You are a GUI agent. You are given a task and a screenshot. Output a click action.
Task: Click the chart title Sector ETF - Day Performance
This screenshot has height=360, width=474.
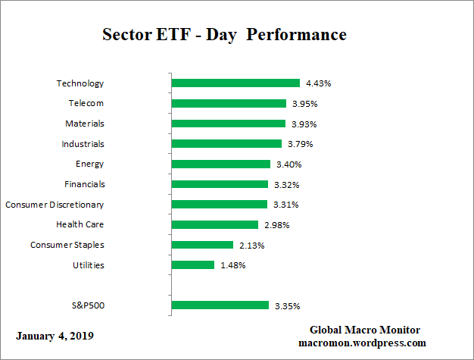(x=224, y=35)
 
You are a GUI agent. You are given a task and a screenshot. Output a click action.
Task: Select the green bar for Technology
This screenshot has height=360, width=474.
(x=235, y=83)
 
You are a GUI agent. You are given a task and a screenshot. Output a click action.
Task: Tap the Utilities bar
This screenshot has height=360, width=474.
(x=193, y=265)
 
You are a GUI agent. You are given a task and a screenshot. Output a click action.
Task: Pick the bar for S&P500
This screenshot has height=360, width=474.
(x=220, y=305)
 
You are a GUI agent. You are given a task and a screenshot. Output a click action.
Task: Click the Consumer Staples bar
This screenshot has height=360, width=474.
(x=202, y=245)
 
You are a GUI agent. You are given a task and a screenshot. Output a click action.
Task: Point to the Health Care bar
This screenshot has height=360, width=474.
(x=215, y=224)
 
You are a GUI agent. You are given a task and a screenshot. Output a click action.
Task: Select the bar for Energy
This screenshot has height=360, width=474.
(x=221, y=164)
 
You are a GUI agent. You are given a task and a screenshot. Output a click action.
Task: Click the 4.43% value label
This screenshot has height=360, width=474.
(x=318, y=83)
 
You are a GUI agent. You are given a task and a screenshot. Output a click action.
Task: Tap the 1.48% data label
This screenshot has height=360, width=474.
(x=233, y=265)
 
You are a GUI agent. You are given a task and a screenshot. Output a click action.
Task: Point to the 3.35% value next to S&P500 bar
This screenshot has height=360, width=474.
(x=287, y=305)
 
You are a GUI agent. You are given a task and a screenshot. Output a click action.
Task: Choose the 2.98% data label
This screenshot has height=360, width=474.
(x=276, y=224)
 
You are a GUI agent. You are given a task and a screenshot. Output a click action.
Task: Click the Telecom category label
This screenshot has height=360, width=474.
(x=85, y=103)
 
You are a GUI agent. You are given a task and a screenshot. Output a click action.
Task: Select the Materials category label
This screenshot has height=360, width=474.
(x=84, y=124)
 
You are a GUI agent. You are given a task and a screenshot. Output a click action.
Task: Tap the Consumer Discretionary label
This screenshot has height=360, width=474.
(x=55, y=205)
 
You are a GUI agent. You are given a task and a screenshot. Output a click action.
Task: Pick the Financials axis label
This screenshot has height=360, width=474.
(x=83, y=184)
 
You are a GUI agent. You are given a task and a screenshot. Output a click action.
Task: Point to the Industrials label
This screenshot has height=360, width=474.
(x=83, y=144)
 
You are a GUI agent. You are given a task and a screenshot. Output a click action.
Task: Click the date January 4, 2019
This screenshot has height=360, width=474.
(x=55, y=335)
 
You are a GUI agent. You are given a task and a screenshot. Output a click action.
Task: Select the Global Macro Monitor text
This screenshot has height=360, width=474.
(x=365, y=330)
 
